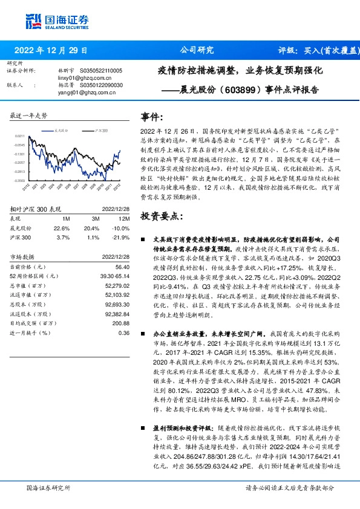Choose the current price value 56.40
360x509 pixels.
click(x=122, y=266)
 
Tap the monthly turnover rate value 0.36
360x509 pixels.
click(x=124, y=332)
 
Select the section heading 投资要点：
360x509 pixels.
click(x=161, y=216)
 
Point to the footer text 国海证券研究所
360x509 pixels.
click(x=48, y=487)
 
